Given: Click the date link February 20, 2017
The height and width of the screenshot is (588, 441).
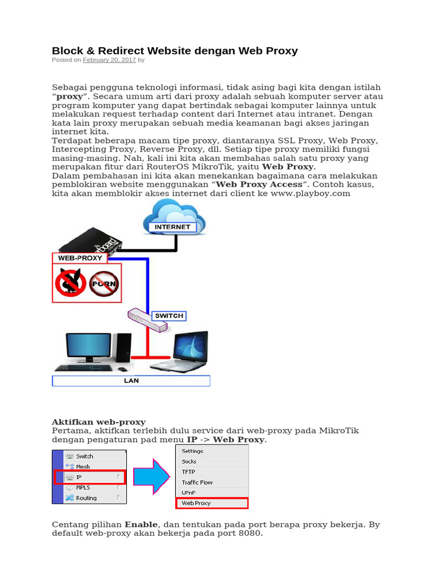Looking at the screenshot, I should click(x=109, y=60).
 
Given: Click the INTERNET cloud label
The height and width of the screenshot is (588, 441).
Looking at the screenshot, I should click(x=172, y=227).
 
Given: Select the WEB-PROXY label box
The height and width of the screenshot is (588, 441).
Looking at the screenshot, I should click(x=80, y=258).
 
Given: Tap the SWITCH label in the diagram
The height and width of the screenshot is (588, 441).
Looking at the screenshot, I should click(x=169, y=316).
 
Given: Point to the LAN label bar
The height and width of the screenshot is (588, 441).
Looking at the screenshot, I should click(x=131, y=381).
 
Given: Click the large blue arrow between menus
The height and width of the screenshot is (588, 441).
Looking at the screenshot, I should click(x=152, y=477).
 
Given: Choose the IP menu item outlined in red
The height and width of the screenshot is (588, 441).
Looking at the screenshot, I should click(x=90, y=477).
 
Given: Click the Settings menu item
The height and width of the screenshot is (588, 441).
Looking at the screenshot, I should click(x=193, y=451).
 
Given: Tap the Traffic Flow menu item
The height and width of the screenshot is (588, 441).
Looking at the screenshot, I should click(x=197, y=482).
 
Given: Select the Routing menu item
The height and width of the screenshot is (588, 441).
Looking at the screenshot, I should click(x=87, y=498).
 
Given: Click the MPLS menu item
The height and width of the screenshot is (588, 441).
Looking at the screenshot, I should click(x=83, y=488).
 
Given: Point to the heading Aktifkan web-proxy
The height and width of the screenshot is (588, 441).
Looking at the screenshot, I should click(x=99, y=422).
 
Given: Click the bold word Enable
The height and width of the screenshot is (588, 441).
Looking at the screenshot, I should click(x=141, y=525).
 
